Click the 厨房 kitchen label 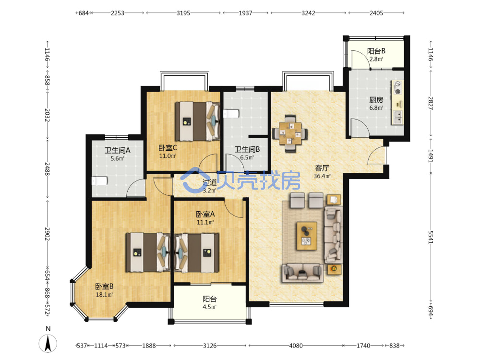point(376,100)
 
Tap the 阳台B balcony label point(376,51)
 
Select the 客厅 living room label point(322,168)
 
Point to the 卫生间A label point(117,150)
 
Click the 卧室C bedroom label point(168,148)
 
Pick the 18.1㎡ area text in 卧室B point(104,295)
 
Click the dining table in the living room point(290,133)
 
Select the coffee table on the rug point(306,236)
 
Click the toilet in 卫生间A point(99,181)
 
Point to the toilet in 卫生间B point(231,114)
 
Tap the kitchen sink point(397,117)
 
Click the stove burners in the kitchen point(397,87)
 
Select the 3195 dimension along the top point(183,13)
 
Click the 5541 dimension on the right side point(431,237)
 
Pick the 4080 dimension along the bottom point(296,346)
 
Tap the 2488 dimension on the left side point(47,168)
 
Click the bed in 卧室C point(198,121)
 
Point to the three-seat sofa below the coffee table point(303,273)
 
